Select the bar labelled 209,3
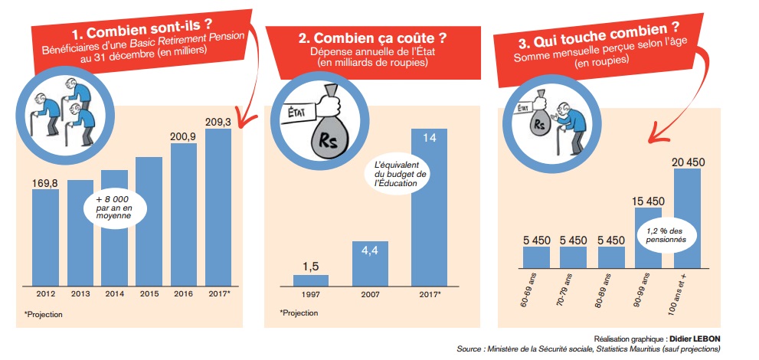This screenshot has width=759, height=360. (218, 207)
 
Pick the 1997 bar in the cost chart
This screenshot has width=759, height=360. (310, 279)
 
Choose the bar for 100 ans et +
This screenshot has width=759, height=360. (687, 219)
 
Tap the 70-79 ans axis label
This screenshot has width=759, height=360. (568, 290)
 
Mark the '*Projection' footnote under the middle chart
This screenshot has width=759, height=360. (299, 313)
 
